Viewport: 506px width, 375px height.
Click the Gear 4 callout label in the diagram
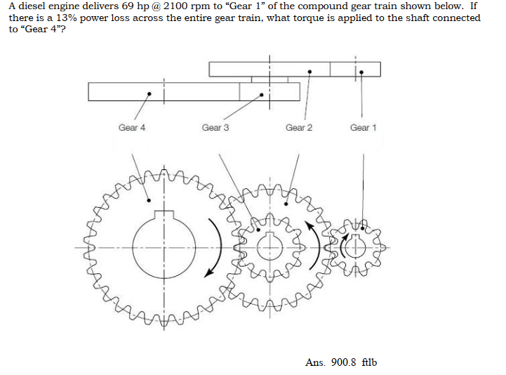(132, 128)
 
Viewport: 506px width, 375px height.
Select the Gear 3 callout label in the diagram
(215, 128)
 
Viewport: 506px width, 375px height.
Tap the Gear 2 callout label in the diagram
(299, 128)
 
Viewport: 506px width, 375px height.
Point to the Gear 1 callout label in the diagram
(363, 128)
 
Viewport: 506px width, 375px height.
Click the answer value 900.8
(344, 362)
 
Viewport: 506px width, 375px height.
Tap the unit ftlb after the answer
(369, 362)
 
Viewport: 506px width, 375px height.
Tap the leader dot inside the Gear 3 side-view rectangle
(262, 93)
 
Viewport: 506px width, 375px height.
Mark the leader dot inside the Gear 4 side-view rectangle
(147, 93)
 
